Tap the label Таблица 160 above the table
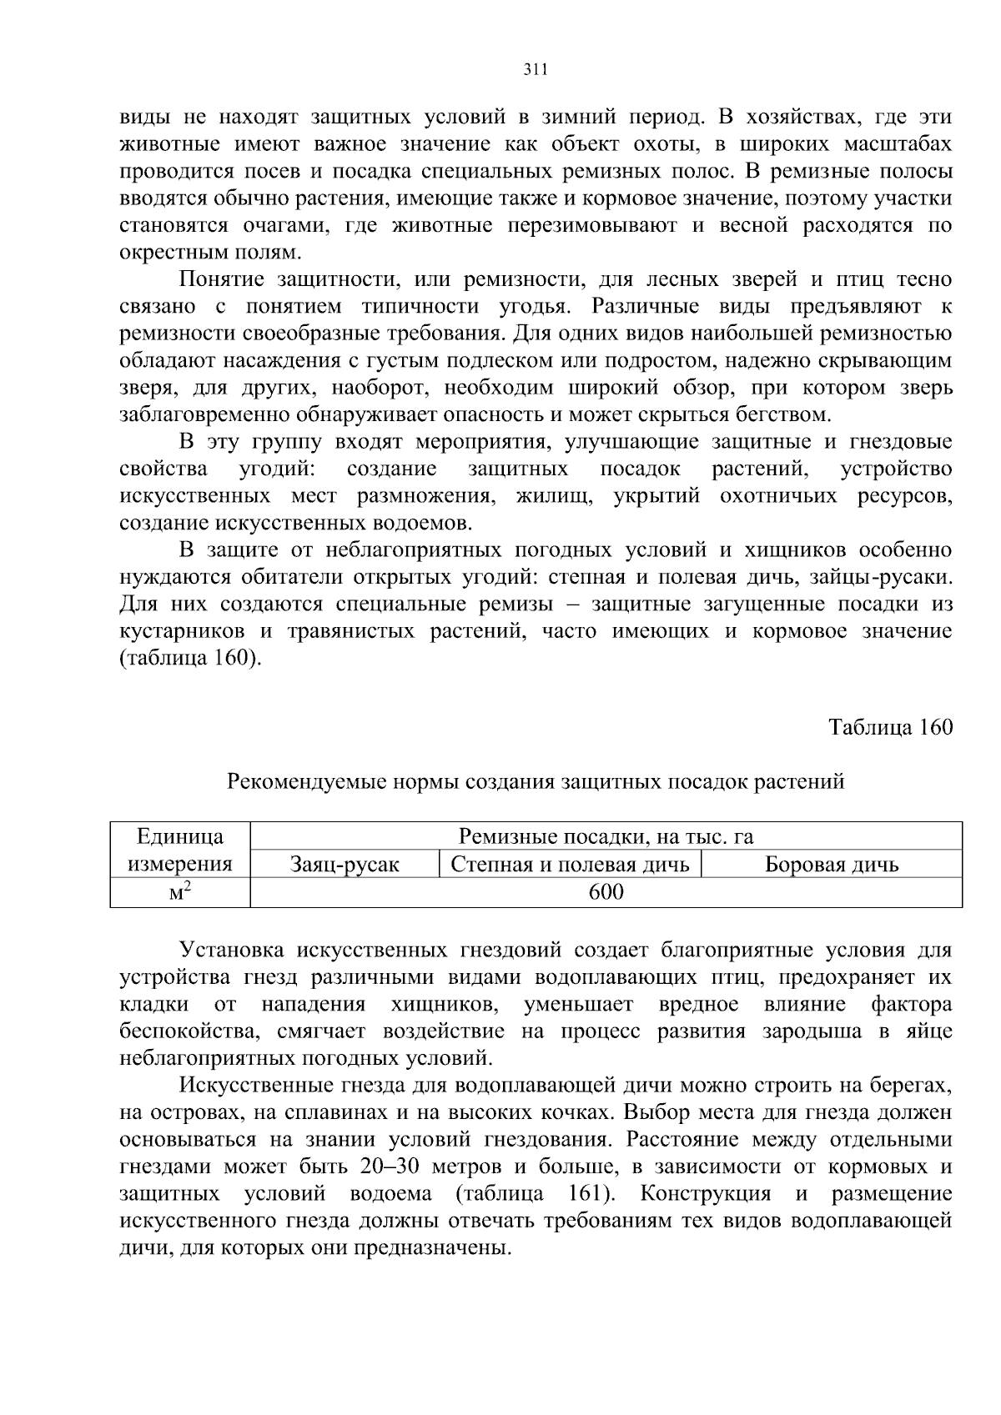click(890, 727)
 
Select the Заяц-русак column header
click(345, 865)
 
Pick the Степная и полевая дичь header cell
click(570, 865)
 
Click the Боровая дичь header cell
click(832, 865)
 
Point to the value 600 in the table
click(606, 892)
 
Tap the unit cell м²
click(180, 892)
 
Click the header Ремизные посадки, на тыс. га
click(606, 837)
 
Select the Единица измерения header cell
click(180, 850)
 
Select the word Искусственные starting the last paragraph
click(252, 1086)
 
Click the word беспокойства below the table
click(184, 1031)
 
